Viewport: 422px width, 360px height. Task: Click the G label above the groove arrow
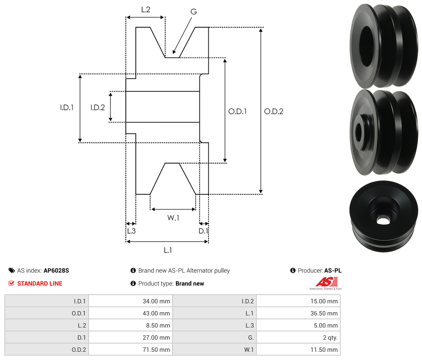[x=193, y=12]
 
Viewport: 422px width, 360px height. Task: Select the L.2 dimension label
[x=146, y=9]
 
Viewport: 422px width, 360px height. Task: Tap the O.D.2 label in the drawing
[x=274, y=111]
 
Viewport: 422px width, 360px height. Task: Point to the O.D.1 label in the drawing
[x=237, y=111]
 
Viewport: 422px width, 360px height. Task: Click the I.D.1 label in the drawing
[x=67, y=107]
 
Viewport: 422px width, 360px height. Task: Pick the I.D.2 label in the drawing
[x=97, y=107]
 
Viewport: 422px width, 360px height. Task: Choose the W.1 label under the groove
[x=173, y=218]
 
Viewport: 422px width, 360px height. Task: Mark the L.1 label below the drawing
[x=168, y=250]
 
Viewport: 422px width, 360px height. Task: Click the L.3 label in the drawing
[x=131, y=231]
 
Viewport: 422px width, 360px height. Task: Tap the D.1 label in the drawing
[x=203, y=231]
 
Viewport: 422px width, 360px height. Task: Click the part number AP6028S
[x=56, y=270]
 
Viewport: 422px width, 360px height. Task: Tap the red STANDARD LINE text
[x=40, y=283]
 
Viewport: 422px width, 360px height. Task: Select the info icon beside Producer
[x=293, y=270]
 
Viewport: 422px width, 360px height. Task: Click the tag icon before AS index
[x=12, y=270]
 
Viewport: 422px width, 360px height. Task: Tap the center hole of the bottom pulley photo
[x=383, y=220]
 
